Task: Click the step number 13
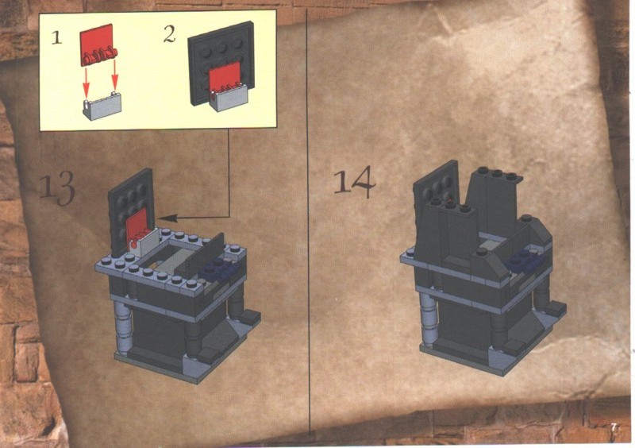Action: tap(57, 187)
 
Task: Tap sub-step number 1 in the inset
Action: tap(57, 37)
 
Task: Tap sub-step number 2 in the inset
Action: tap(170, 34)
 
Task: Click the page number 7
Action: tap(614, 427)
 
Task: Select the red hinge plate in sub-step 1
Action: tap(98, 44)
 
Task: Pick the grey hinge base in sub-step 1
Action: tap(102, 106)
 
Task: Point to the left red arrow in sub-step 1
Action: tap(86, 80)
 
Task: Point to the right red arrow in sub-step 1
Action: tap(115, 75)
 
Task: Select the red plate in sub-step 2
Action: tap(225, 79)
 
